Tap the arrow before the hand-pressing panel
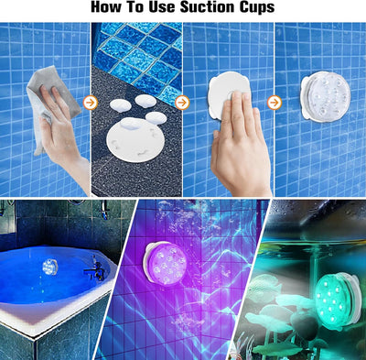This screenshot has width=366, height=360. [182, 103]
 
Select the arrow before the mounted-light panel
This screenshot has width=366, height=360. [274, 103]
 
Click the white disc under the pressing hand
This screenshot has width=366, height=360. [224, 91]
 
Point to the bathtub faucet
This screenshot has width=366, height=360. [92, 269]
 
